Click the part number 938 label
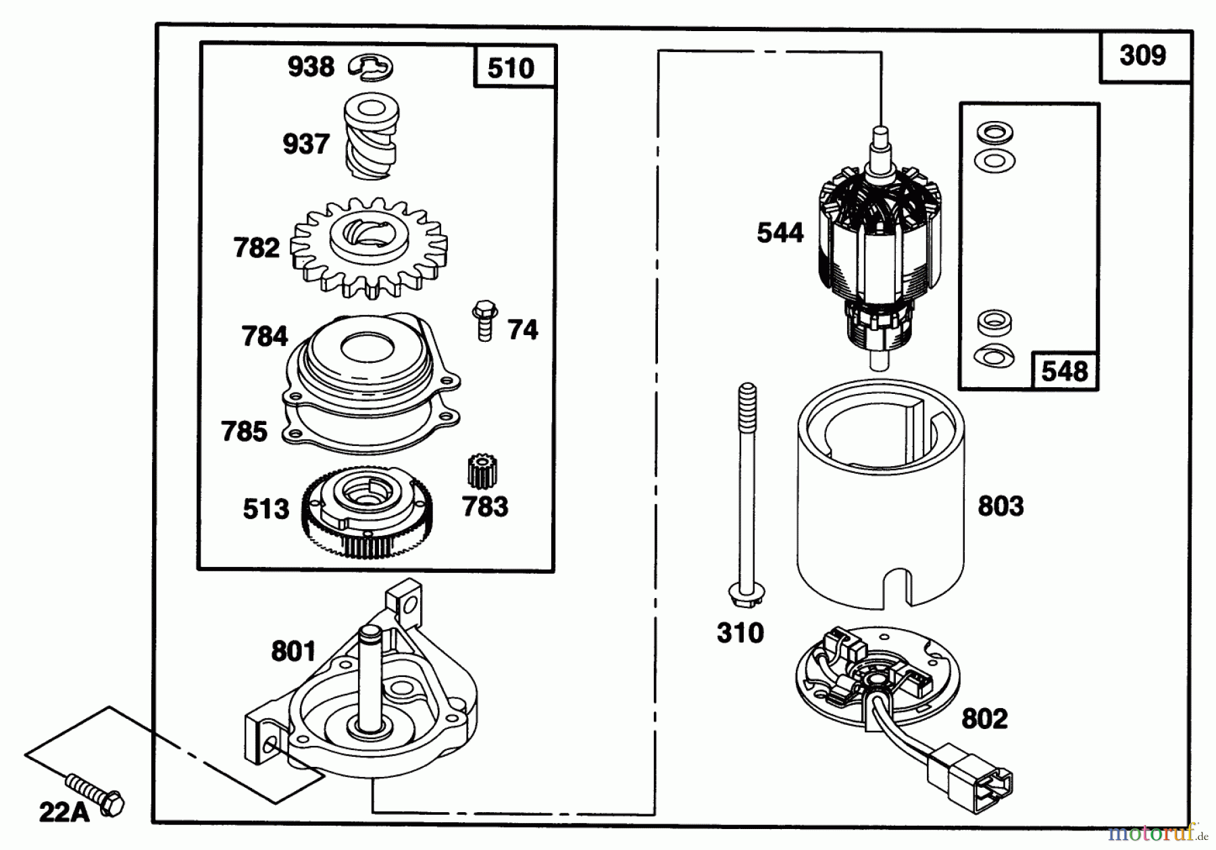(x=311, y=67)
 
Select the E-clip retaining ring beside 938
(x=371, y=68)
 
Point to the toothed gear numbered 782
(x=369, y=247)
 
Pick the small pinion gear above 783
(x=482, y=472)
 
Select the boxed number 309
(x=1144, y=55)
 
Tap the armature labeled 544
(x=880, y=247)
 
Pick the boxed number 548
(x=1065, y=370)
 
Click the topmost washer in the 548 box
(x=994, y=132)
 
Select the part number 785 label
(x=245, y=431)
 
